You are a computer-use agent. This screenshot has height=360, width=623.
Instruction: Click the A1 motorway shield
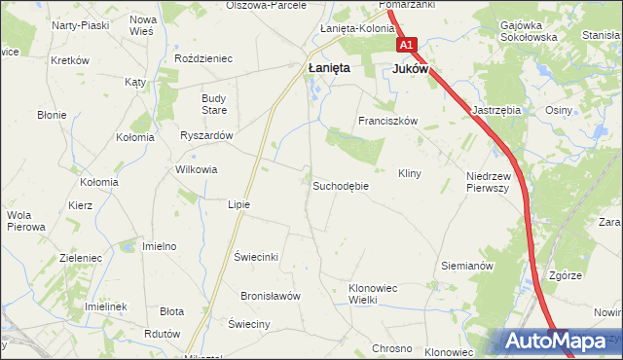click(406, 46)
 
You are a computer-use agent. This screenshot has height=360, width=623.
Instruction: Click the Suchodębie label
click(341, 185)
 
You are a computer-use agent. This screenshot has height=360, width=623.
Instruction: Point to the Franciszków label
click(387, 122)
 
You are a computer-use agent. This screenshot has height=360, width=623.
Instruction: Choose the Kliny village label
click(409, 173)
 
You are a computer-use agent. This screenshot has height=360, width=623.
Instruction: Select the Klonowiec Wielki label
click(377, 294)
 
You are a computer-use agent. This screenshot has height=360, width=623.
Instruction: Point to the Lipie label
click(238, 204)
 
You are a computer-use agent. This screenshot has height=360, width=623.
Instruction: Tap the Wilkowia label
click(196, 169)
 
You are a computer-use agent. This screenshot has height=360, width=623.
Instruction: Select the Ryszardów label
click(206, 135)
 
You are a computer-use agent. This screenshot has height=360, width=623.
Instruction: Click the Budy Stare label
click(213, 103)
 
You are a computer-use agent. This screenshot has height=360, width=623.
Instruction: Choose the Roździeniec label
click(202, 58)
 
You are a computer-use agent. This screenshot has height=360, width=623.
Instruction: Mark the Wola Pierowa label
click(26, 221)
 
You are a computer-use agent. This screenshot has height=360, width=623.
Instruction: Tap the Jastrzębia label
click(496, 111)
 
